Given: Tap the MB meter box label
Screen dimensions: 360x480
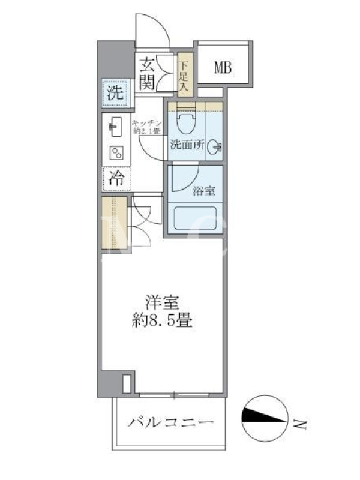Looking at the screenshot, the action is [x=223, y=67].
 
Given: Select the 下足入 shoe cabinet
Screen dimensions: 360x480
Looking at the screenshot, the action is [x=186, y=74].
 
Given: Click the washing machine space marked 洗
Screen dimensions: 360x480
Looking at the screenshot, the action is [x=115, y=93].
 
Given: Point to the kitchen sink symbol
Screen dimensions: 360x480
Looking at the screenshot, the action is [x=115, y=127].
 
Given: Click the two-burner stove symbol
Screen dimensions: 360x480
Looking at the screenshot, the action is [x=116, y=153].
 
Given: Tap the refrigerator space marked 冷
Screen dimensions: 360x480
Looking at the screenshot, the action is [x=116, y=178].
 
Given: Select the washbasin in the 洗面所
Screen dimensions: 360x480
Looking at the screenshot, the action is [x=214, y=148].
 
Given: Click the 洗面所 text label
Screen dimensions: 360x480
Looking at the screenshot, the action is [x=187, y=144].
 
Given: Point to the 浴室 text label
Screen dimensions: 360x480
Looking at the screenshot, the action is [x=204, y=191].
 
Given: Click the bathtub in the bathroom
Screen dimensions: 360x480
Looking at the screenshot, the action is [x=196, y=218].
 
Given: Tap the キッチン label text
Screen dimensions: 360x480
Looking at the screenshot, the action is [x=146, y=123].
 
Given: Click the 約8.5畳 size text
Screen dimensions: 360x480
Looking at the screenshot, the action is [x=162, y=321].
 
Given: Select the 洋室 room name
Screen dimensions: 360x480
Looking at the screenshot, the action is [x=162, y=302].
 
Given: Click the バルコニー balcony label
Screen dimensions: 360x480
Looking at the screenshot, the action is [x=170, y=423].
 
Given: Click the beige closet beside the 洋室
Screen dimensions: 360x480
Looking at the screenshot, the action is [x=114, y=223].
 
